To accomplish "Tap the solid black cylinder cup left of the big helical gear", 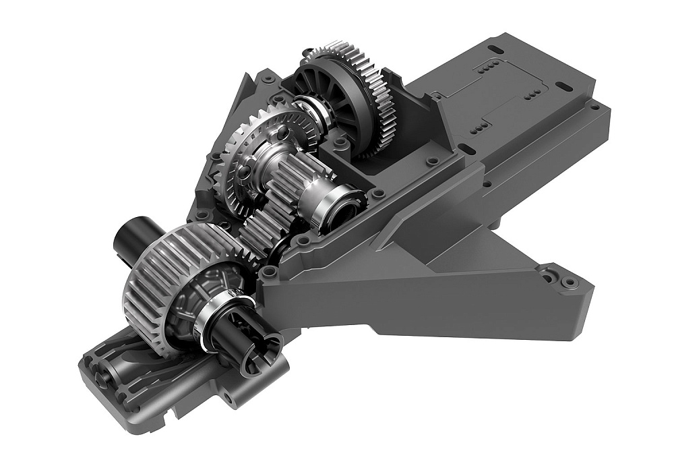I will (130, 236).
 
